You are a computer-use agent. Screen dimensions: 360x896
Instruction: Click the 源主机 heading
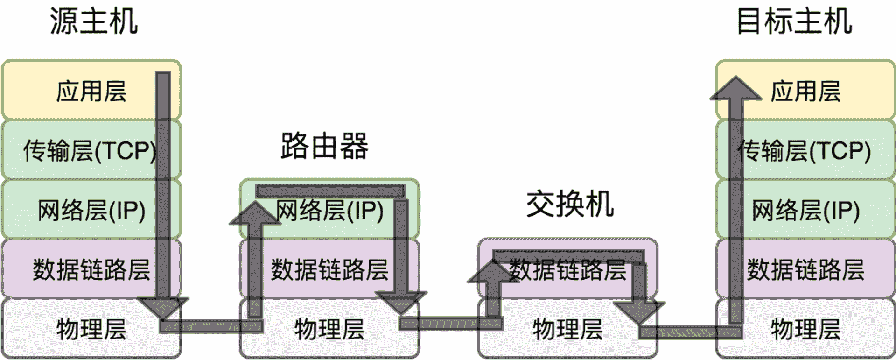[93, 21]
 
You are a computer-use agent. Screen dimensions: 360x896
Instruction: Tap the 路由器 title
[324, 146]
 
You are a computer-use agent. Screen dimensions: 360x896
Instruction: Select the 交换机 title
[570, 205]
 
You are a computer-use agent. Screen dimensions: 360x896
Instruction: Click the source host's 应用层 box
[91, 91]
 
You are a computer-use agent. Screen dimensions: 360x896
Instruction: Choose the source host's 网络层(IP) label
[91, 210]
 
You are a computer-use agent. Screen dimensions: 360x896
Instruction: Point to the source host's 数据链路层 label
[91, 269]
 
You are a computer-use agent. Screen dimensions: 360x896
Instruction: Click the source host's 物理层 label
[91, 329]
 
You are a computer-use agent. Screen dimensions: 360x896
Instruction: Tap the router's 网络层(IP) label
[329, 210]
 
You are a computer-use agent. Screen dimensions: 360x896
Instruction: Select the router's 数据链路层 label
[329, 269]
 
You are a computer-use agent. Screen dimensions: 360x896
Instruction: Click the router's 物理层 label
[329, 329]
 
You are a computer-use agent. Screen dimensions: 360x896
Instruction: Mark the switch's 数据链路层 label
[567, 269]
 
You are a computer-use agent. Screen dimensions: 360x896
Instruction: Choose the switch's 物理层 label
[567, 329]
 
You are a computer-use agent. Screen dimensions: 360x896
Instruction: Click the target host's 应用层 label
[805, 91]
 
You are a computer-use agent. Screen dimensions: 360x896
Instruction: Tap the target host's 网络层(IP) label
[805, 210]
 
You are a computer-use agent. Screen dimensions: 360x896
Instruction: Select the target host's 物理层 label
[805, 329]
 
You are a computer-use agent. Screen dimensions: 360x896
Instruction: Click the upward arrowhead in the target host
[735, 89]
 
